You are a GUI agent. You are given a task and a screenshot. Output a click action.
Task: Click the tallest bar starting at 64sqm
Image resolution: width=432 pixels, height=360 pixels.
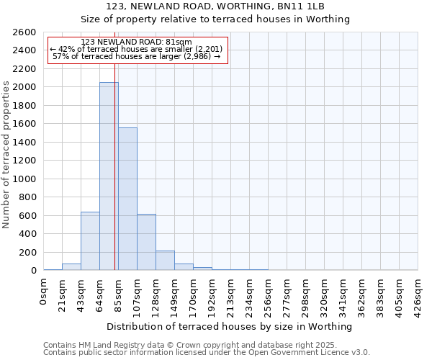109,176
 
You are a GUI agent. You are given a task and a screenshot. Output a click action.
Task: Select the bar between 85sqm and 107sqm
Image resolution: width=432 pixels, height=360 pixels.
127,199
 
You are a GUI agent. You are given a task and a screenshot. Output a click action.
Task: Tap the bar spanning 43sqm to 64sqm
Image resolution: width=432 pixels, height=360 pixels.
90,241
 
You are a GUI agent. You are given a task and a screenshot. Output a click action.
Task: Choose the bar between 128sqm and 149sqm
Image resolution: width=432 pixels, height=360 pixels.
165,261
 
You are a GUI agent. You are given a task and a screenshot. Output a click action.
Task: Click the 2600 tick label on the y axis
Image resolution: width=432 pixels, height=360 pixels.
24,32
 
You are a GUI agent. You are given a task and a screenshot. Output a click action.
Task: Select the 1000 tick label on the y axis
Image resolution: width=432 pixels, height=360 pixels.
24,179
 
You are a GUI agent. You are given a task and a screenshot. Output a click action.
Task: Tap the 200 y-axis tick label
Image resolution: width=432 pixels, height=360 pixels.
27,252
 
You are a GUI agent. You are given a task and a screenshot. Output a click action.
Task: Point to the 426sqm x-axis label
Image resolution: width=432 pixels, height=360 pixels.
418,294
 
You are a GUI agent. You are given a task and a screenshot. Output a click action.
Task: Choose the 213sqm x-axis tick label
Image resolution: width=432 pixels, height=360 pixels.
231,294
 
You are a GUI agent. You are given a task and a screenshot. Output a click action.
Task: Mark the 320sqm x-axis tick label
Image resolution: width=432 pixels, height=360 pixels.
325,294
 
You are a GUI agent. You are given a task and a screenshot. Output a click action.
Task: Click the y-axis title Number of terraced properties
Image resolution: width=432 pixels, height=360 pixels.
6,155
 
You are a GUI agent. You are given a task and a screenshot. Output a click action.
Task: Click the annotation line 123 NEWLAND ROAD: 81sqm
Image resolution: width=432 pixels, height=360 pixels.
136,42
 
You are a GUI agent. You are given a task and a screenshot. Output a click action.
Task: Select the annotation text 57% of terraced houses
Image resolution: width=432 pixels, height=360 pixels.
136,56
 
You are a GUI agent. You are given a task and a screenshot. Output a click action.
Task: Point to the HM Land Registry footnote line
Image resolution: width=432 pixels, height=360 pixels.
206,345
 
